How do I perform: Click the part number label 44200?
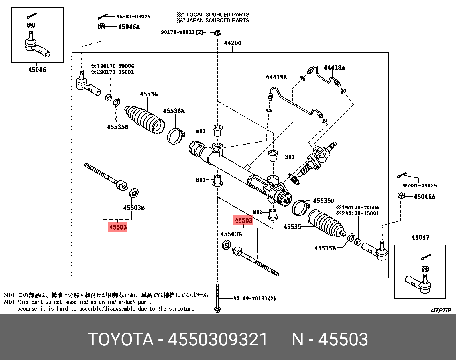tap(233, 43)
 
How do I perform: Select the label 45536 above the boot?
tap(149, 94)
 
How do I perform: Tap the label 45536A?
tap(174, 111)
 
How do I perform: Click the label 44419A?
tap(276, 77)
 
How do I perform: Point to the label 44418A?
tap(334, 68)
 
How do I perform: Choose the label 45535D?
tap(324, 201)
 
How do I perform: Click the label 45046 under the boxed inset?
tap(37, 70)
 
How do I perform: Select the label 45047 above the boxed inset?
tap(420, 238)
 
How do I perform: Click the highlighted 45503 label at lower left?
tap(118, 227)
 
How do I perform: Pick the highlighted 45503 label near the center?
tap(243, 220)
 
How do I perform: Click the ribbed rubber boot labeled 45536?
tap(145, 120)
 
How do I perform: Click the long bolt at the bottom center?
tap(217, 298)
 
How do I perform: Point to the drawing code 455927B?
tap(441, 311)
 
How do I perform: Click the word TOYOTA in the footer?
tap(120, 340)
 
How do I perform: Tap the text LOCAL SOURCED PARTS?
tap(218, 15)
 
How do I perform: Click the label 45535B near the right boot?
tap(325, 248)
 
